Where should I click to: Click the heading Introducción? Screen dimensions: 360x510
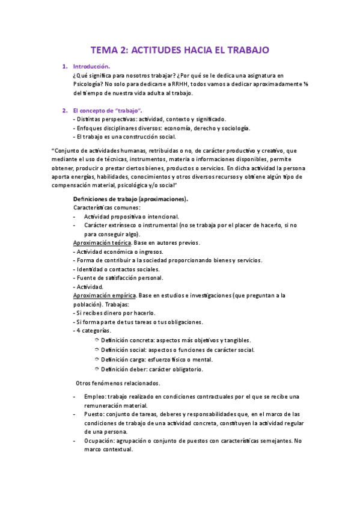(x=91, y=66)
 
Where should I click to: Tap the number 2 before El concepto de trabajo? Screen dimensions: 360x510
(x=64, y=111)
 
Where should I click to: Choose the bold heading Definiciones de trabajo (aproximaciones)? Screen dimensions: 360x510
(x=130, y=198)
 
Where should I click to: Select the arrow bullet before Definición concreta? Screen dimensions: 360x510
(x=97, y=340)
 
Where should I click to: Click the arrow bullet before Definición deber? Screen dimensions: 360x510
(x=97, y=369)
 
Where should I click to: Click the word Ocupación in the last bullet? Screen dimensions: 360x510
(x=99, y=441)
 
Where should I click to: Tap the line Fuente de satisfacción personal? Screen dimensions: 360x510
(x=118, y=278)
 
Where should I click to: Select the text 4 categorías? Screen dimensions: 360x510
(x=92, y=331)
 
